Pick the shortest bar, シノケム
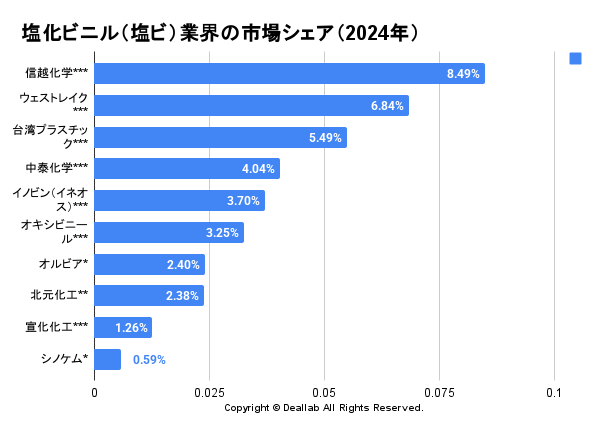107,359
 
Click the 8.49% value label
464,74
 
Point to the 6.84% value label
388,105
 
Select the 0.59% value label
149,359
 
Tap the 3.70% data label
244,201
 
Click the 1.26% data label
132,328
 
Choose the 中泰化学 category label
57,168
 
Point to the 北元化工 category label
60,295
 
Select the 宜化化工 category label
57,327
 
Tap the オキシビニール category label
56,233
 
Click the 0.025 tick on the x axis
209,393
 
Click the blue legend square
575,58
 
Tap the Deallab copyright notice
324,408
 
